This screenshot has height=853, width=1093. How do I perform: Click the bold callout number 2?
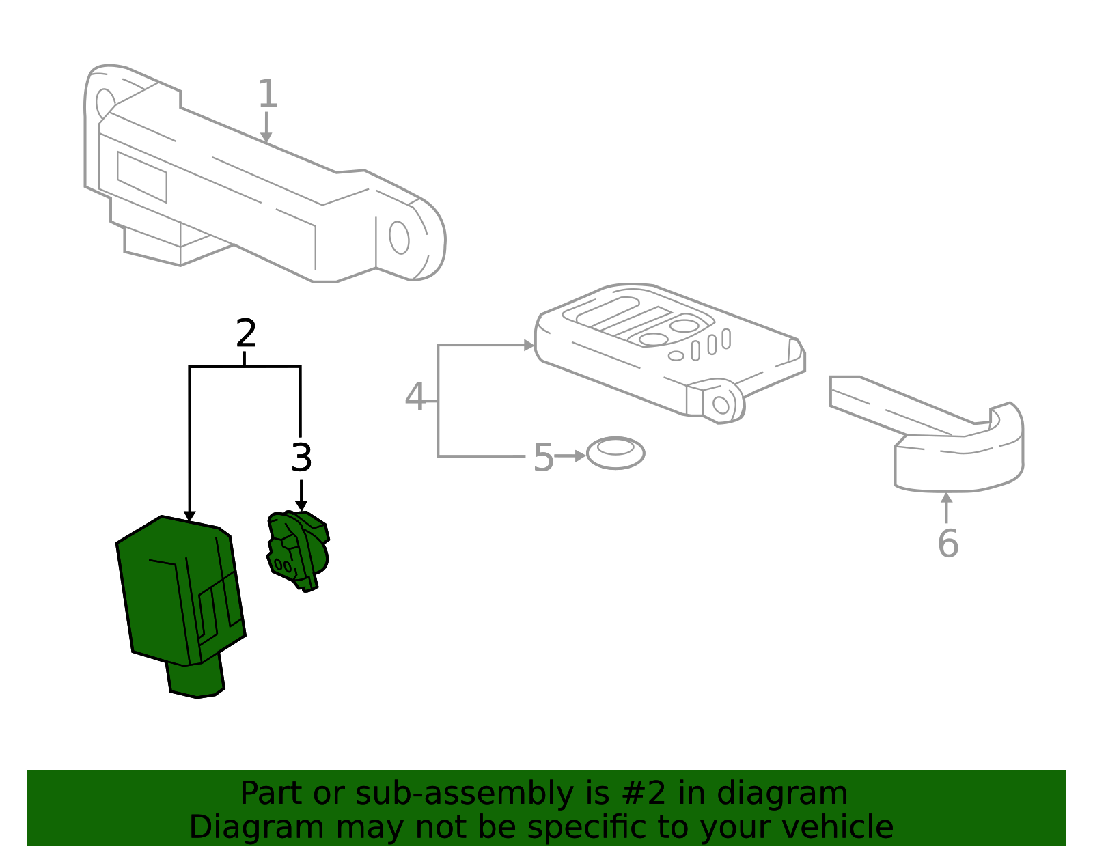[246, 333]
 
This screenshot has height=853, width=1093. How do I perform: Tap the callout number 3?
[301, 458]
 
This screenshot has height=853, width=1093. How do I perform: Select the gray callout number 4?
[415, 397]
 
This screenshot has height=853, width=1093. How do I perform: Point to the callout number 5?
[543, 457]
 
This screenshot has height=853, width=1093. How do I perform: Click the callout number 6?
[947, 544]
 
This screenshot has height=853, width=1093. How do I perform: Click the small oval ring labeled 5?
[615, 453]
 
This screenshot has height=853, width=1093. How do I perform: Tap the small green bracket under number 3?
[299, 550]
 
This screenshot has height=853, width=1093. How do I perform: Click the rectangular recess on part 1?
[142, 177]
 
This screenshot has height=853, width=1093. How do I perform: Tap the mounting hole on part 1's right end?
[399, 238]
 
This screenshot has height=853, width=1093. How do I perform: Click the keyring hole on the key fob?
[721, 405]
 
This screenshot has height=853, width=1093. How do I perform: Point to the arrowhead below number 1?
[266, 138]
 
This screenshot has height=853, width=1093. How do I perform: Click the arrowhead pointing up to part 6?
[946, 498]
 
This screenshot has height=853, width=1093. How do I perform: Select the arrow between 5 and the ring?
[570, 456]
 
